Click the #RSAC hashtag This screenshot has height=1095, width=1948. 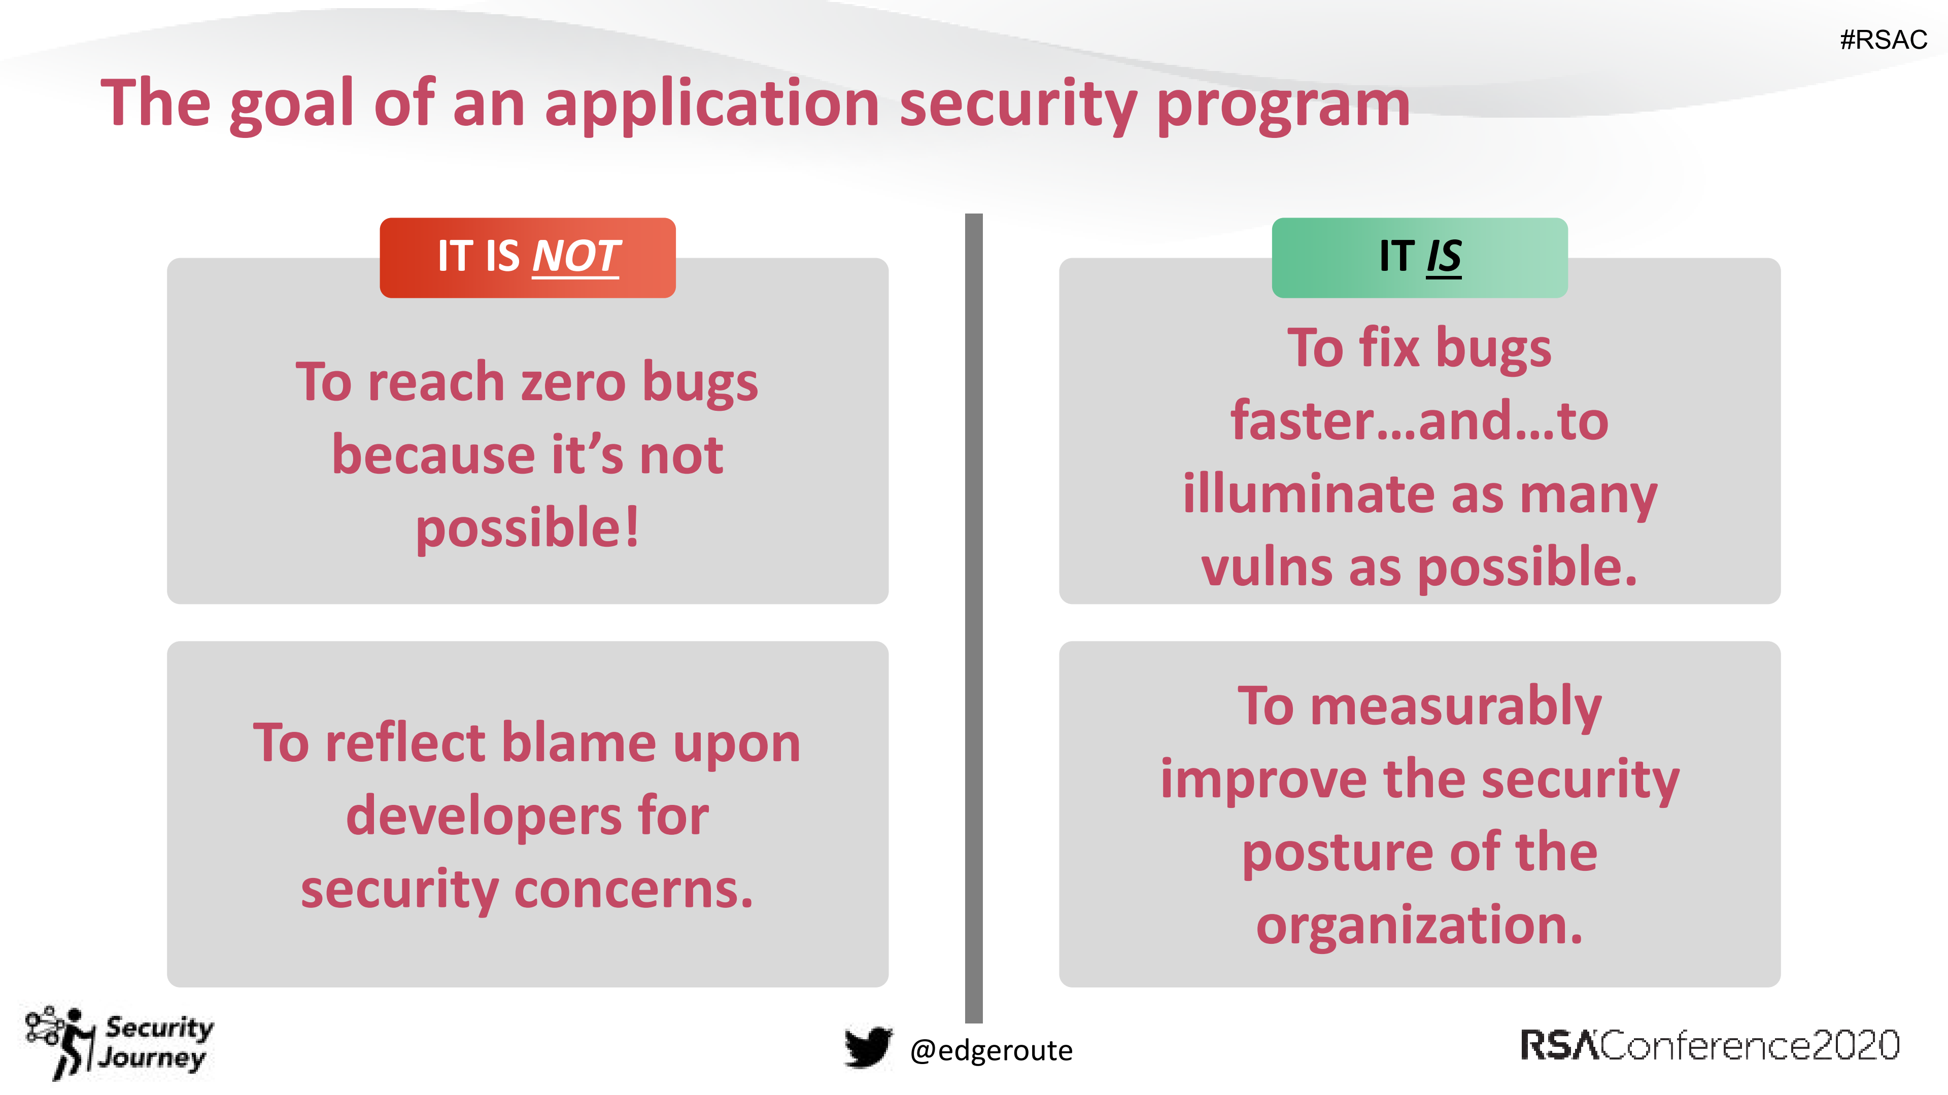[1883, 39]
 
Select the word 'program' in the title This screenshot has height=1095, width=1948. [1283, 106]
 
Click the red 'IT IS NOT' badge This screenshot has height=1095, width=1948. [527, 258]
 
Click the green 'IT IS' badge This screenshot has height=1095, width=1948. [1419, 258]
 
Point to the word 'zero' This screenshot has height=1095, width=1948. [572, 383]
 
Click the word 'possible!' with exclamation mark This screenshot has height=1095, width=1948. [527, 528]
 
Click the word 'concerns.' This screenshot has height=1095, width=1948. [634, 890]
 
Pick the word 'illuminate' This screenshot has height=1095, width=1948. [1308, 495]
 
